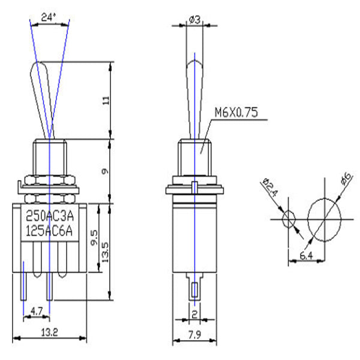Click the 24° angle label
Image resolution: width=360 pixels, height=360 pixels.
click(x=49, y=17)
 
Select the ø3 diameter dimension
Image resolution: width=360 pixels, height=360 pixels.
click(x=194, y=20)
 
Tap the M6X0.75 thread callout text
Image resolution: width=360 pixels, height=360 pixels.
click(x=236, y=112)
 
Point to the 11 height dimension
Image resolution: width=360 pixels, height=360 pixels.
click(x=106, y=101)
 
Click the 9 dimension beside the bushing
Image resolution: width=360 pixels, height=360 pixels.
click(x=105, y=171)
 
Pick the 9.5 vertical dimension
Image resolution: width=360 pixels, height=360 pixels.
click(x=94, y=238)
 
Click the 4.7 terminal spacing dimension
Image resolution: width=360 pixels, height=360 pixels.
click(x=37, y=311)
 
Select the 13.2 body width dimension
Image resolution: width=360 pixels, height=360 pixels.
click(x=49, y=332)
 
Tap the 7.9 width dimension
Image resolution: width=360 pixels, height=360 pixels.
click(x=194, y=335)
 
